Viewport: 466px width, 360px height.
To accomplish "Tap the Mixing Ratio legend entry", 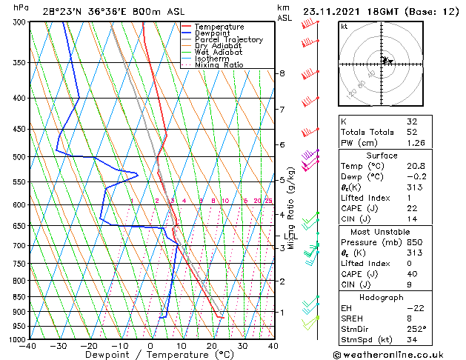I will [219, 65].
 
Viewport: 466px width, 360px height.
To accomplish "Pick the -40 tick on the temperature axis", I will [28, 346].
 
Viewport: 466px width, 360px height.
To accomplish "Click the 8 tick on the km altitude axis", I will [282, 73].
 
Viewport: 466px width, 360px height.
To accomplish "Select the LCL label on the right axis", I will [288, 236].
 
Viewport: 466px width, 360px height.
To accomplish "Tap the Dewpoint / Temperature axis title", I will [150, 355].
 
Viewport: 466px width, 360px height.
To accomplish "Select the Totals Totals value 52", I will [412, 132].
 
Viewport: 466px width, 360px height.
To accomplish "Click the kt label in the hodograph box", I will [344, 26].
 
